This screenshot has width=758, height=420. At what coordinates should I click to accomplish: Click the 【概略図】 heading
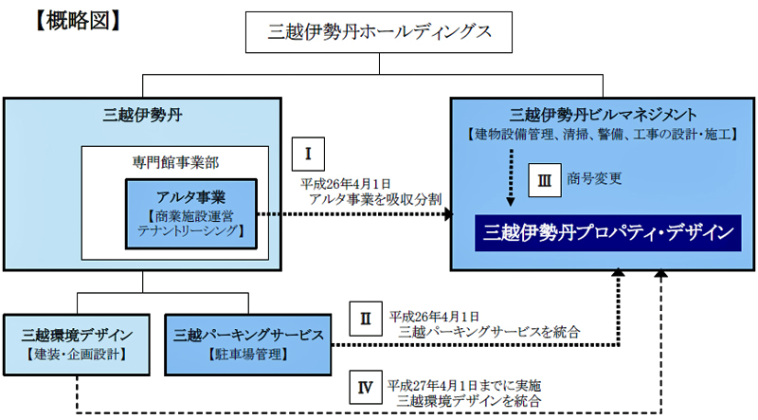coord(78,22)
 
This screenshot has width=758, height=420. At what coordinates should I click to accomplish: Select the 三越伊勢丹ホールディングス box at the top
coord(379,32)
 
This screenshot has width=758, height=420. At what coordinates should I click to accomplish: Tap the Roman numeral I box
coord(308,155)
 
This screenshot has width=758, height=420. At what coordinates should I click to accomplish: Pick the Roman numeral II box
coord(366,319)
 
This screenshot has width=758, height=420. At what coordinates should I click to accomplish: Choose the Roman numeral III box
coord(544,180)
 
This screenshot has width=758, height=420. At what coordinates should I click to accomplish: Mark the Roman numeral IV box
coord(366,387)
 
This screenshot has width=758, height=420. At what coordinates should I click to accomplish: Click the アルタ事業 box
coord(191,214)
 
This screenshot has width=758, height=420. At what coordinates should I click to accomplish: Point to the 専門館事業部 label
coord(175,162)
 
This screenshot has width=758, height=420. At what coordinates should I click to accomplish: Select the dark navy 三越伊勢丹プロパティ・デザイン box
coord(607,232)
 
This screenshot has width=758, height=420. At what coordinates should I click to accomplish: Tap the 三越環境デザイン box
coord(77,344)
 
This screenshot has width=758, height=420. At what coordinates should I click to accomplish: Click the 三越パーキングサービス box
coord(248,344)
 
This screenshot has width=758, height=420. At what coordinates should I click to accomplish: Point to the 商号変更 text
coord(594,178)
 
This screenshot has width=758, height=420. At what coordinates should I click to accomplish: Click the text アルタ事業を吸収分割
coord(375,199)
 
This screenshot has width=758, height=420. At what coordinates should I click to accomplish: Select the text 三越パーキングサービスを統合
coord(489,332)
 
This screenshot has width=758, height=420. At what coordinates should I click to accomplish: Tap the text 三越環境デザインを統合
coord(468,401)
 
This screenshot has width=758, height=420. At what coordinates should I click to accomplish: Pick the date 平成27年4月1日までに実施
coord(464,386)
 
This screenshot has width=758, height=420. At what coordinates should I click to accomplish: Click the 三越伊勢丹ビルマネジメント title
coord(603,115)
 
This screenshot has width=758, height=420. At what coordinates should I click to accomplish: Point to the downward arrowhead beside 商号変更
coord(511,201)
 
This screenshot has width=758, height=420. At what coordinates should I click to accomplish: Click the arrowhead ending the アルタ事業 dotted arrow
coord(447,214)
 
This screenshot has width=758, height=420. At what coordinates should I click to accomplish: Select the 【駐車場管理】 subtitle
coord(248,355)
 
